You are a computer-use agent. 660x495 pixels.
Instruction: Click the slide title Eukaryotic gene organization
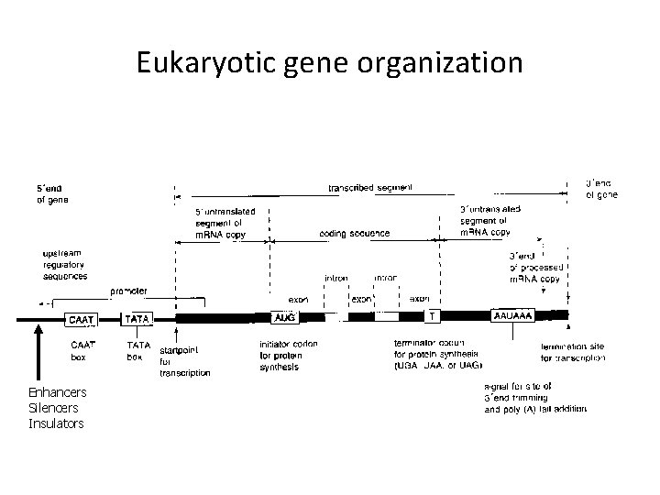tap(330, 62)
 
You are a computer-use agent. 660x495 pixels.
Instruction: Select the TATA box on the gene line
tap(138, 319)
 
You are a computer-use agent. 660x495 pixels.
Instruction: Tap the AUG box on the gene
tap(285, 318)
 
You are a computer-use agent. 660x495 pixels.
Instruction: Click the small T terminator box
tap(433, 315)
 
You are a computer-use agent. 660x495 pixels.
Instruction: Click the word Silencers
tap(54, 407)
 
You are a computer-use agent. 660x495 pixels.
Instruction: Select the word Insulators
tap(57, 423)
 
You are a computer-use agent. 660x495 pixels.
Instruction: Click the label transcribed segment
tap(370, 188)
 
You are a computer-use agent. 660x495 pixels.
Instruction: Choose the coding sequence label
tap(355, 233)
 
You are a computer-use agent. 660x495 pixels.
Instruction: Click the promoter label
tap(129, 291)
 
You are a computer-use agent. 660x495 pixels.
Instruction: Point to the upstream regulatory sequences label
tap(66, 264)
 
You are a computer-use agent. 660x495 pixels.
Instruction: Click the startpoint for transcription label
tap(184, 361)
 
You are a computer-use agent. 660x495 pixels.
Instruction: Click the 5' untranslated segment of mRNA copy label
tap(224, 221)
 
